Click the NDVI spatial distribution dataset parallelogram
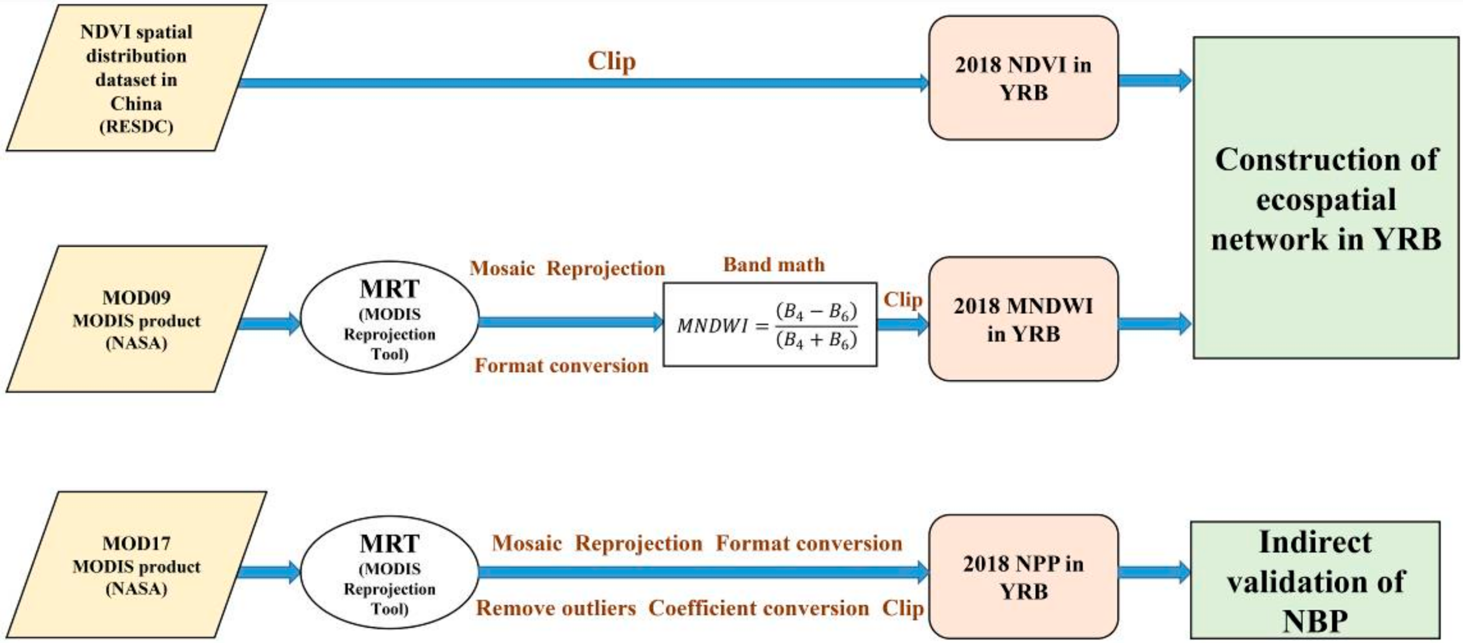tap(136, 78)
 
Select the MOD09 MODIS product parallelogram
tap(136, 320)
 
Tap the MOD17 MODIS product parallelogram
tap(136, 565)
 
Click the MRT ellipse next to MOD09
tap(389, 318)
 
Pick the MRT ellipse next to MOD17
tap(389, 572)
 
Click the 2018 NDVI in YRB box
tap(1023, 78)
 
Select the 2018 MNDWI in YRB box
tap(1023, 319)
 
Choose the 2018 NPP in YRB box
tap(1023, 577)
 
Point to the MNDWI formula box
tap(770, 325)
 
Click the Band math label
tap(774, 265)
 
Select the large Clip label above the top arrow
tap(611, 61)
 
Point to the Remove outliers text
tap(555, 608)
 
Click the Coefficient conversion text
tap(758, 608)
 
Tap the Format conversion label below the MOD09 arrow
tap(561, 365)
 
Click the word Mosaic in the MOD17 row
tap(526, 543)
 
